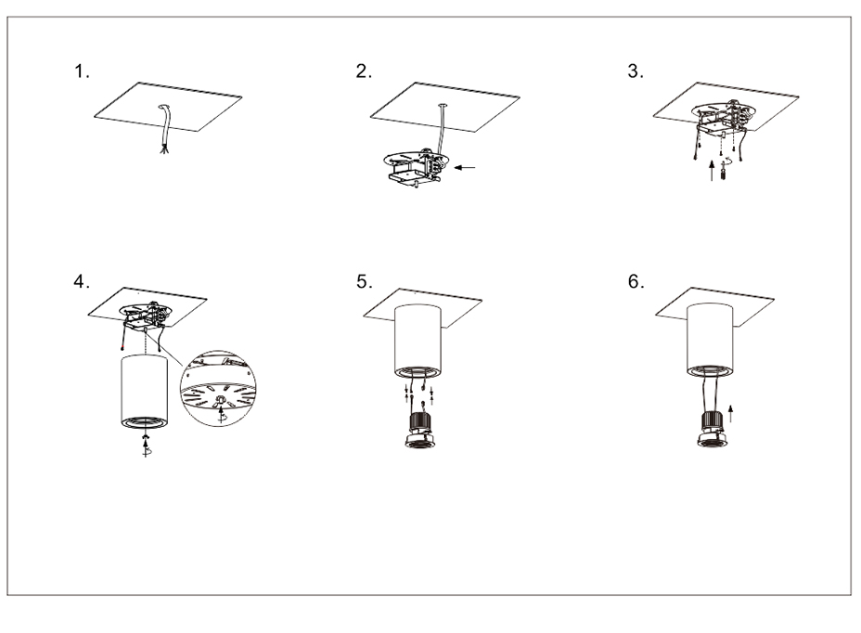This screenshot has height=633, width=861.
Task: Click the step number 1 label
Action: [x=82, y=71]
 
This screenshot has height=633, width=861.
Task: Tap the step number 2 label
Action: [x=364, y=71]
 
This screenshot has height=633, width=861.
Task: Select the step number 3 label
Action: [x=636, y=71]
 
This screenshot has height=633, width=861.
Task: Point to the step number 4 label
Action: [x=82, y=281]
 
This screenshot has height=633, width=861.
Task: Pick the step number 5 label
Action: [x=364, y=281]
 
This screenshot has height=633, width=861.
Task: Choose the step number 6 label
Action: [x=636, y=281]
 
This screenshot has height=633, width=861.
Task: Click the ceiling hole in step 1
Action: [x=165, y=107]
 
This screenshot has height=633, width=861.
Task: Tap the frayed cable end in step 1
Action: [x=163, y=149]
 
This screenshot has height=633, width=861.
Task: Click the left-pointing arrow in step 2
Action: [x=465, y=167]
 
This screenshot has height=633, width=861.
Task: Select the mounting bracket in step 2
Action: [x=416, y=167]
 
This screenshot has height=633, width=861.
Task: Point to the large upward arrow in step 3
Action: [x=713, y=170]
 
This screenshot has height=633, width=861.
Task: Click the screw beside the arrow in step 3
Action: [x=724, y=174]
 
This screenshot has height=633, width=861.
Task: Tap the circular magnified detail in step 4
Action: [x=218, y=389]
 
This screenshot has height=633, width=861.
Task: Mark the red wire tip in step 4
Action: [x=122, y=348]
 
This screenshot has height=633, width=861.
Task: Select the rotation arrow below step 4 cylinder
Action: [x=146, y=446]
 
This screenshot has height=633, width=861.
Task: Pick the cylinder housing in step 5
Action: [x=418, y=341]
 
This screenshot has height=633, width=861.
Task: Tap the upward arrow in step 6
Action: [x=730, y=414]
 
